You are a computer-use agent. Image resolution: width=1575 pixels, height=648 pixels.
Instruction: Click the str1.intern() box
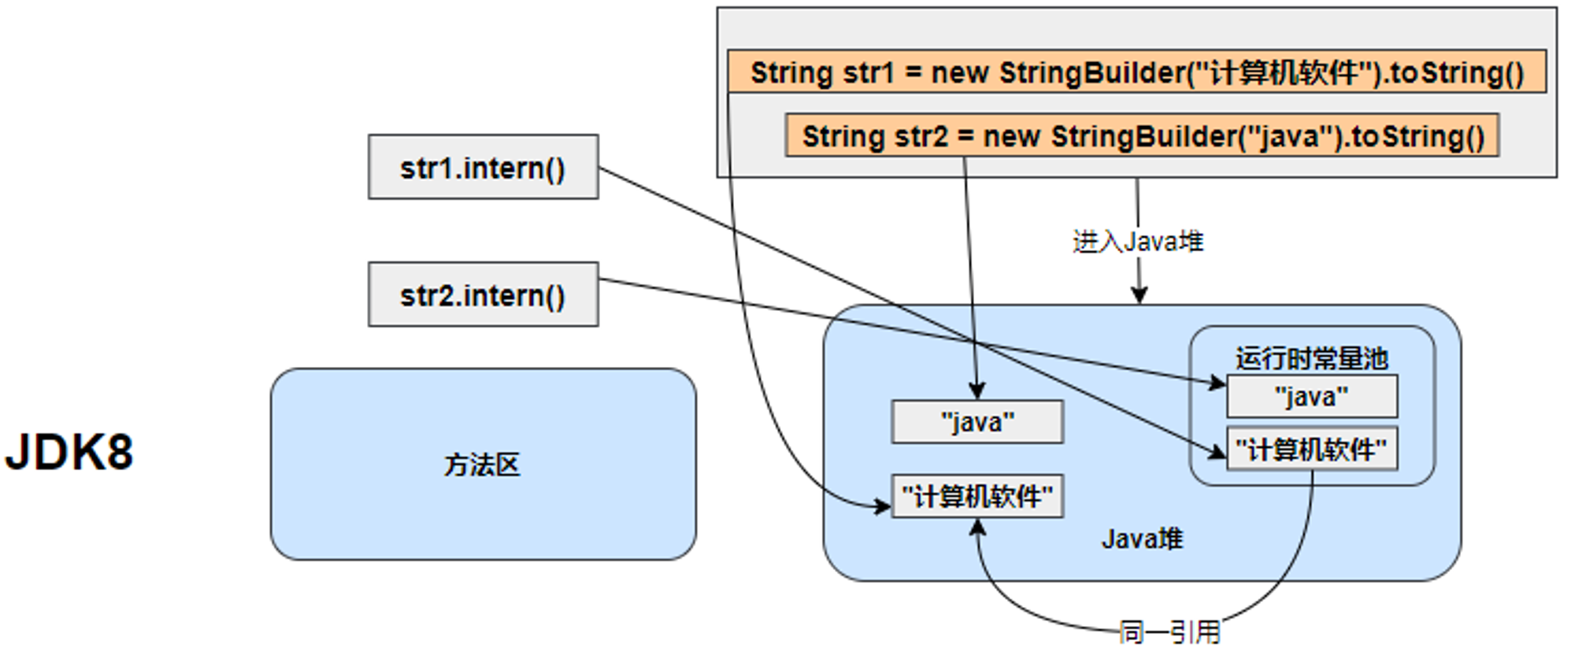click(x=483, y=167)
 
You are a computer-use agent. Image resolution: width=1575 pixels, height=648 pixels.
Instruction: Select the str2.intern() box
click(x=483, y=294)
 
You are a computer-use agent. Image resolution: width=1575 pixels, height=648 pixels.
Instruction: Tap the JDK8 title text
click(x=69, y=452)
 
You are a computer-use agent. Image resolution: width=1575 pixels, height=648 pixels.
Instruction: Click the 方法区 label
click(x=482, y=465)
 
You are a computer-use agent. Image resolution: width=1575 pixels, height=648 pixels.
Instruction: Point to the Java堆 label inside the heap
click(x=1142, y=539)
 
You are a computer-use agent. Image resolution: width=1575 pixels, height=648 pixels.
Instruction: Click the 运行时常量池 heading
click(x=1311, y=358)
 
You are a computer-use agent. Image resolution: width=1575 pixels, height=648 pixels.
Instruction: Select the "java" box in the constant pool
click(x=1312, y=396)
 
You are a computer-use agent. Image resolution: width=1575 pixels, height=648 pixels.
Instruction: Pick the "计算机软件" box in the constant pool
click(x=1312, y=449)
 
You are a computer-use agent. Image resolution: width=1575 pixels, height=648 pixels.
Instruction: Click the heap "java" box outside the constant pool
click(x=977, y=422)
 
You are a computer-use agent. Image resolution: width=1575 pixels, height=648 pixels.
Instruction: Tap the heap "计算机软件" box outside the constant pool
click(x=977, y=496)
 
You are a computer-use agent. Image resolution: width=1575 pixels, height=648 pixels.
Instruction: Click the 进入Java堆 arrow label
click(x=1138, y=241)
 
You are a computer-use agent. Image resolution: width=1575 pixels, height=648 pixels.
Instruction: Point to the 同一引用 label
click(x=1169, y=631)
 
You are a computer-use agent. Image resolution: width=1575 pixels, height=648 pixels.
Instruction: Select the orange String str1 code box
click(x=1136, y=72)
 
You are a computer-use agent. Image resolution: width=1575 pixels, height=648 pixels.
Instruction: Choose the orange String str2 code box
click(x=1142, y=135)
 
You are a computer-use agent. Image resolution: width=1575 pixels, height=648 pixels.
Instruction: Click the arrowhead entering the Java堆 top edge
click(x=1139, y=296)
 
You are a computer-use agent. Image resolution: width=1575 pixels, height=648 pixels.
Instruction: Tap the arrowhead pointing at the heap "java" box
click(x=976, y=391)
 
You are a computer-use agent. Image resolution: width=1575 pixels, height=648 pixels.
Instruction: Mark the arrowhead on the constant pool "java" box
click(x=1217, y=383)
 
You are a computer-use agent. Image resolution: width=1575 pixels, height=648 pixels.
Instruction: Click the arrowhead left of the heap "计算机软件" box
click(x=882, y=505)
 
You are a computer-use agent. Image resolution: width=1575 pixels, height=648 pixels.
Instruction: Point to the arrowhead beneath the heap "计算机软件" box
click(x=977, y=528)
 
